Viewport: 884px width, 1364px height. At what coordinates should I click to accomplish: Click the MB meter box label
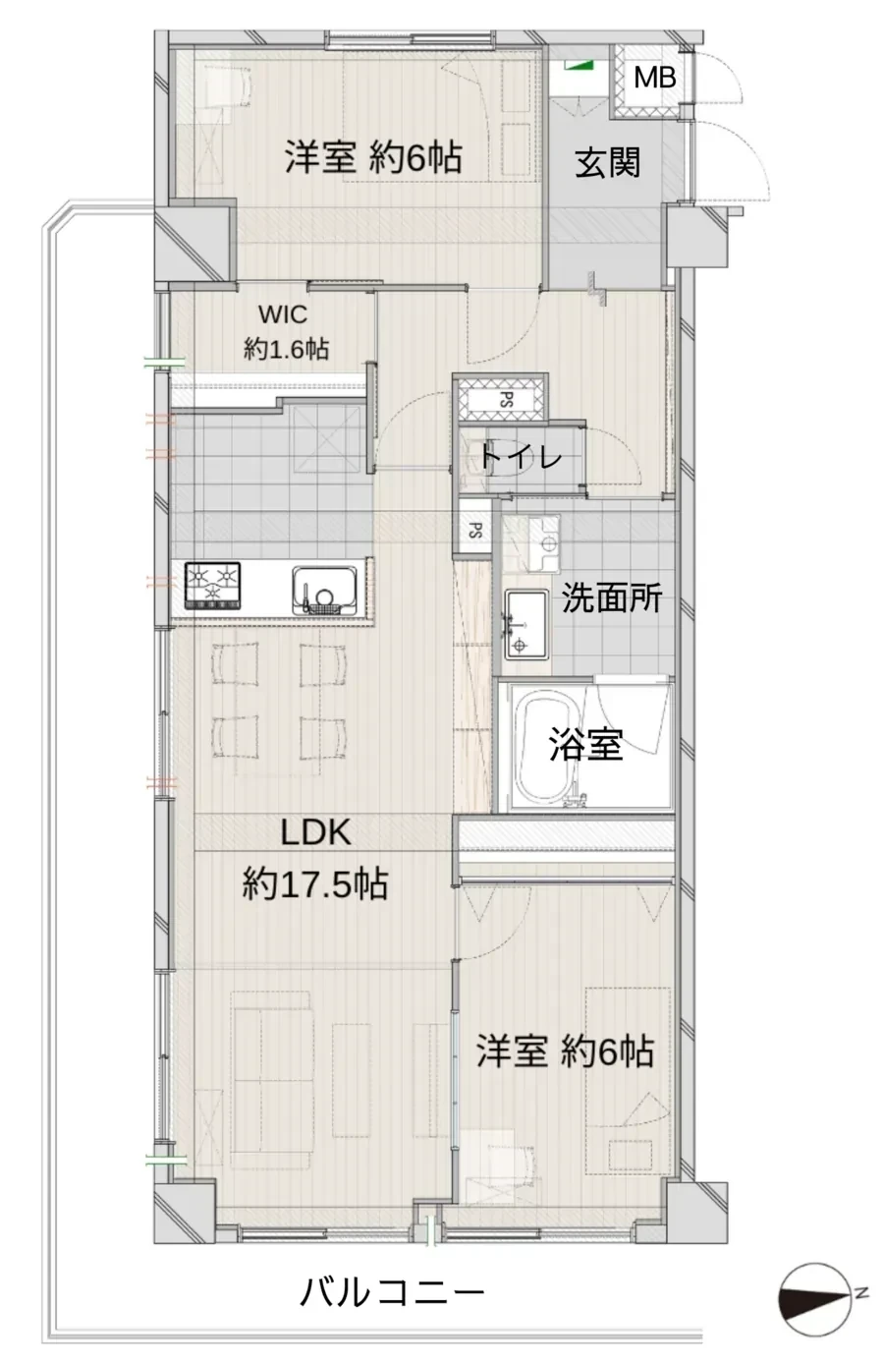tap(654, 77)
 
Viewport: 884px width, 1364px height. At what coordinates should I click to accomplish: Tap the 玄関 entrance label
tap(607, 162)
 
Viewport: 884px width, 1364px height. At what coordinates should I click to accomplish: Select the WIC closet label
tap(283, 314)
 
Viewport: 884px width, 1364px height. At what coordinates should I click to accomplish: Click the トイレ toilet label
tap(520, 457)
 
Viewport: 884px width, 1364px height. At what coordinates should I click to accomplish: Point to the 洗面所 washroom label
tap(611, 598)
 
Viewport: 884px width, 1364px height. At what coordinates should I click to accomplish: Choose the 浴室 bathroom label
tap(585, 746)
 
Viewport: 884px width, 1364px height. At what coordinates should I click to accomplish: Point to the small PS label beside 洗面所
tap(475, 531)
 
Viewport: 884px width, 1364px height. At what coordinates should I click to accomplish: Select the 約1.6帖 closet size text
tap(286, 348)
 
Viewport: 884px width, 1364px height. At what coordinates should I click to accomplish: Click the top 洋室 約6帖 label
tap(373, 157)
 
